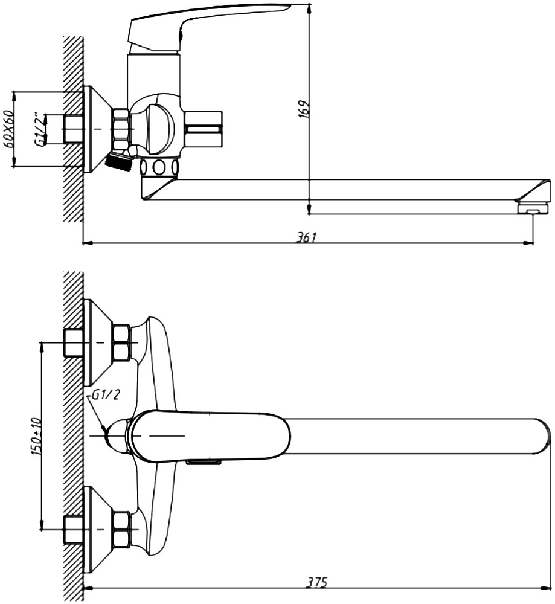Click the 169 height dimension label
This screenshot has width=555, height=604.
click(304, 109)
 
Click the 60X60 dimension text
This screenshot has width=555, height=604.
click(8, 129)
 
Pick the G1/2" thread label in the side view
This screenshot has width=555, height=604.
click(40, 129)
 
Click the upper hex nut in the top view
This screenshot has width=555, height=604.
click(121, 342)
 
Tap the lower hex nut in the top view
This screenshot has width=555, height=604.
click(121, 529)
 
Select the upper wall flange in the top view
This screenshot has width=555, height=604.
click(98, 342)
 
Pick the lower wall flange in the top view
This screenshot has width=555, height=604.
click(98, 529)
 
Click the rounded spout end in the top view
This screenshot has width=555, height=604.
click(541, 437)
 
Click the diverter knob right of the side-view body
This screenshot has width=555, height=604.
click(204, 129)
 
